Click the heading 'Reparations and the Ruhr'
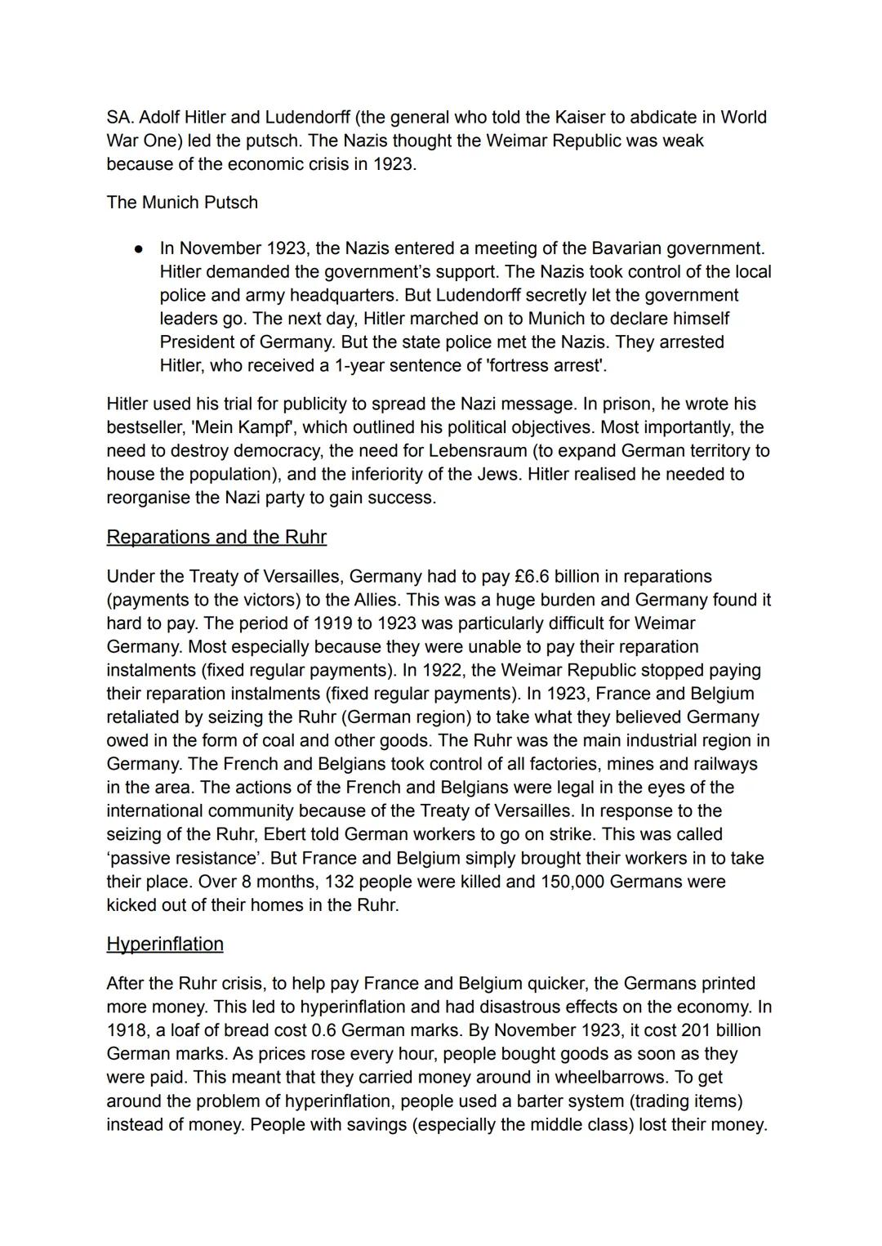tap(216, 537)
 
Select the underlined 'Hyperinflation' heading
tap(164, 944)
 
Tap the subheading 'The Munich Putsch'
tap(181, 202)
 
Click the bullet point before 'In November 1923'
tap(140, 248)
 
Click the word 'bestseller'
tap(145, 427)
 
